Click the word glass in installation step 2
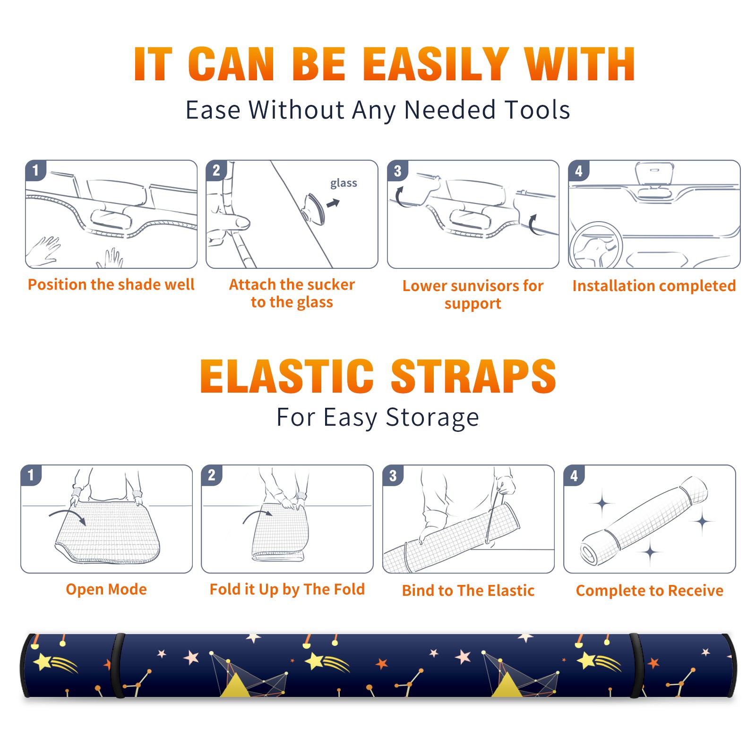click(344, 183)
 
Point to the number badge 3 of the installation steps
click(397, 171)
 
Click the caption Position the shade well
click(111, 284)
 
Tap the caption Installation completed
click(654, 285)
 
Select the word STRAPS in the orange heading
click(473, 376)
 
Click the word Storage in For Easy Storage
click(432, 418)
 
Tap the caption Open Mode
click(106, 589)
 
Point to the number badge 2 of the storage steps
click(211, 475)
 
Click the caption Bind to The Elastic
click(468, 591)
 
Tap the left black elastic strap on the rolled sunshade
click(118, 665)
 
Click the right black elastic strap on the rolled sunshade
click(636, 665)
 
